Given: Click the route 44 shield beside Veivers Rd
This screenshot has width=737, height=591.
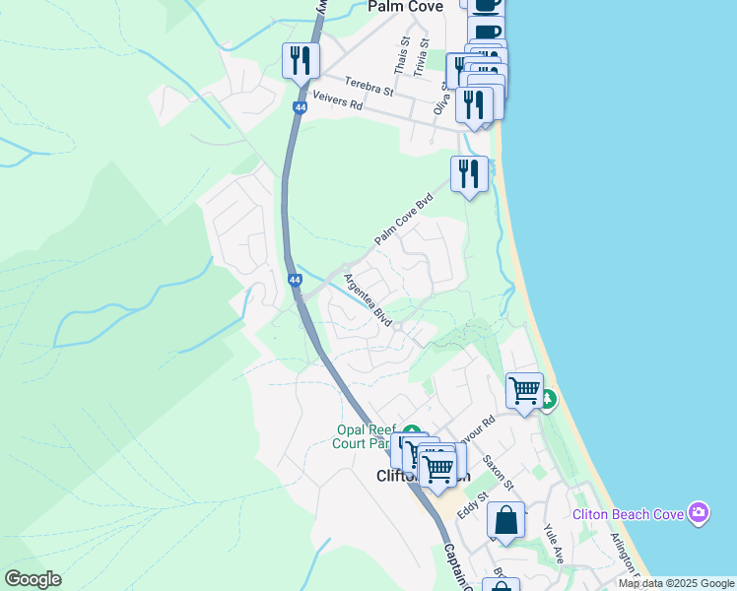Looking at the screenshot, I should [298, 106].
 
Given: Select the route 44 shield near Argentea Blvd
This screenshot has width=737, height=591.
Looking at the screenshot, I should [295, 281].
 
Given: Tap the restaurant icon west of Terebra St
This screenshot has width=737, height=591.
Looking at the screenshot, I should [299, 61].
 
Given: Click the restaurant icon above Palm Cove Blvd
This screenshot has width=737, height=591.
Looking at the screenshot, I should [469, 174].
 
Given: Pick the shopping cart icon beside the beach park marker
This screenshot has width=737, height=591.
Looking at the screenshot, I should [524, 390].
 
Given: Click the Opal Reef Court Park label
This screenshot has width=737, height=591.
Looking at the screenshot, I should [366, 436].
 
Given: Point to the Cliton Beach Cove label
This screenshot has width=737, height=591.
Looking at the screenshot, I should [630, 514].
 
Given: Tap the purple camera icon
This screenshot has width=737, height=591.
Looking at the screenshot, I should [699, 512].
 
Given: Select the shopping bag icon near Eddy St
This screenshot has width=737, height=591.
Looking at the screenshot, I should [505, 521].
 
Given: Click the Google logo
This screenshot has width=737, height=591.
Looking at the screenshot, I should [33, 579].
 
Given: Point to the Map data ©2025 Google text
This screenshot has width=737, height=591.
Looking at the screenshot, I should [676, 583].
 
